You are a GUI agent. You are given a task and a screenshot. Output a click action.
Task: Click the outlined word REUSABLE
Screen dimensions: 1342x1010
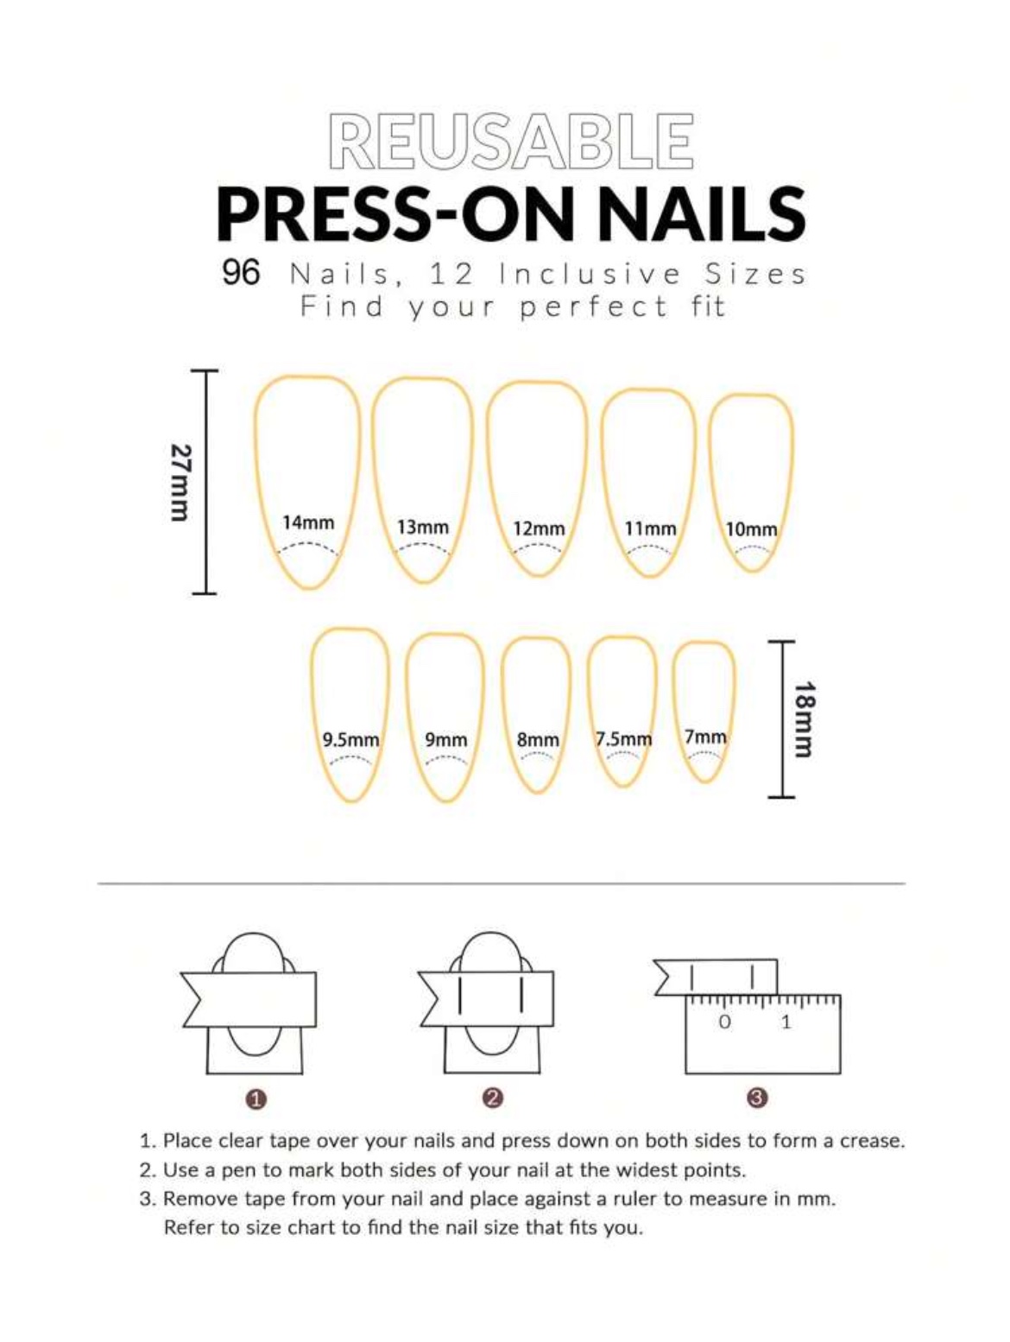coord(510,141)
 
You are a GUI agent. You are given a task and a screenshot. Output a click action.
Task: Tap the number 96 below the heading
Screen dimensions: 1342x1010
coord(241,273)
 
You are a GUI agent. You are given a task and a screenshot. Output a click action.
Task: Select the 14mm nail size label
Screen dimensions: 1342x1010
coord(308,522)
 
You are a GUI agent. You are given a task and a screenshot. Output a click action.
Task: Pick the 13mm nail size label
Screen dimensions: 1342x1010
coord(423,527)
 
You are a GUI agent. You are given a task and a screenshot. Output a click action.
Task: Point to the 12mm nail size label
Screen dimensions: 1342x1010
coord(539,529)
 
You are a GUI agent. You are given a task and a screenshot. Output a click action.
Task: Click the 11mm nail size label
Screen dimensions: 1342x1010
coord(650,529)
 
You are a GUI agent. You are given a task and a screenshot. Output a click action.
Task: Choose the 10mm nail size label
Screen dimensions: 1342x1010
coord(751,529)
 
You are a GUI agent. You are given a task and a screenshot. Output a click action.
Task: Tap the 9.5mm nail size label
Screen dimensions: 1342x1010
coord(350,740)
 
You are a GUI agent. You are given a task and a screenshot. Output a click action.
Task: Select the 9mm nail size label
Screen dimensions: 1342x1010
coord(446,740)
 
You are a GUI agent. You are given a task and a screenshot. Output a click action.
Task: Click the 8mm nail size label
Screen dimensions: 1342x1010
coord(538,740)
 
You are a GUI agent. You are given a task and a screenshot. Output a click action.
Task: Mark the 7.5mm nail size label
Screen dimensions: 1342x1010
coord(623,739)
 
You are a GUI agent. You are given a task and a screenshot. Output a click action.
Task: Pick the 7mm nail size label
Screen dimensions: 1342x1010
coord(705,737)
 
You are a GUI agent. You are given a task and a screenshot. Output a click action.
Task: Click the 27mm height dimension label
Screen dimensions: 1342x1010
coord(180,483)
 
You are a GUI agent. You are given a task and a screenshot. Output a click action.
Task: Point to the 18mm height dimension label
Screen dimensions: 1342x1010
coord(804,718)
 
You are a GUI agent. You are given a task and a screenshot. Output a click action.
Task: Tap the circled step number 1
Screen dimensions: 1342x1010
coord(256,1099)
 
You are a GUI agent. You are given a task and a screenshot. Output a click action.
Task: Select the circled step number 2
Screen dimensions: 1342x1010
coord(492,1098)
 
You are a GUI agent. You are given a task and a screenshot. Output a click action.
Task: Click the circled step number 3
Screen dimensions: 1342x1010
coord(757,1098)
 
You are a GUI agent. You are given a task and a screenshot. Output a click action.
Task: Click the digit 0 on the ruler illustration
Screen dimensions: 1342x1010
coord(725,1022)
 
